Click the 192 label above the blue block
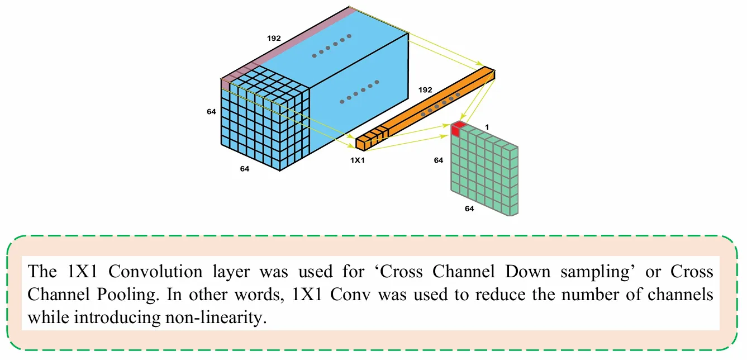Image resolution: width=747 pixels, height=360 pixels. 274,39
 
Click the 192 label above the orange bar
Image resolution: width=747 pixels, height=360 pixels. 425,89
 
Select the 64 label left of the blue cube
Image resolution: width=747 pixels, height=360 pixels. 211,112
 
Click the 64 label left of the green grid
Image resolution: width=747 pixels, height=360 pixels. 439,160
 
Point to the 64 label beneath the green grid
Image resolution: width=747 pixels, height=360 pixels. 470,209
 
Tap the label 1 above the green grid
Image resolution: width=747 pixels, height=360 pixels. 487,127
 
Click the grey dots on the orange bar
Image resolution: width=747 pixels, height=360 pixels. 440,104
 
